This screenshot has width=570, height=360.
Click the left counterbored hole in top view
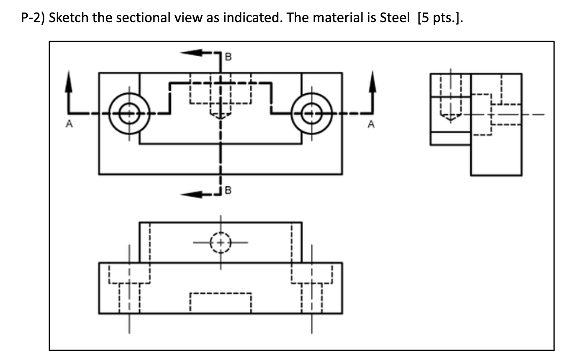click(x=129, y=113)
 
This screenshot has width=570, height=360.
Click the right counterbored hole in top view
click(x=311, y=113)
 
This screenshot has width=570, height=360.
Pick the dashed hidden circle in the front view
click(x=221, y=242)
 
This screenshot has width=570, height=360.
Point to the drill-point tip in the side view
click(x=450, y=119)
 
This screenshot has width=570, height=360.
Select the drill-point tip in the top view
click(x=221, y=118)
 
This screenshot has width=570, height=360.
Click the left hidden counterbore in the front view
click(x=129, y=274)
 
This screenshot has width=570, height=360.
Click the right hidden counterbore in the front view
click(x=311, y=274)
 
